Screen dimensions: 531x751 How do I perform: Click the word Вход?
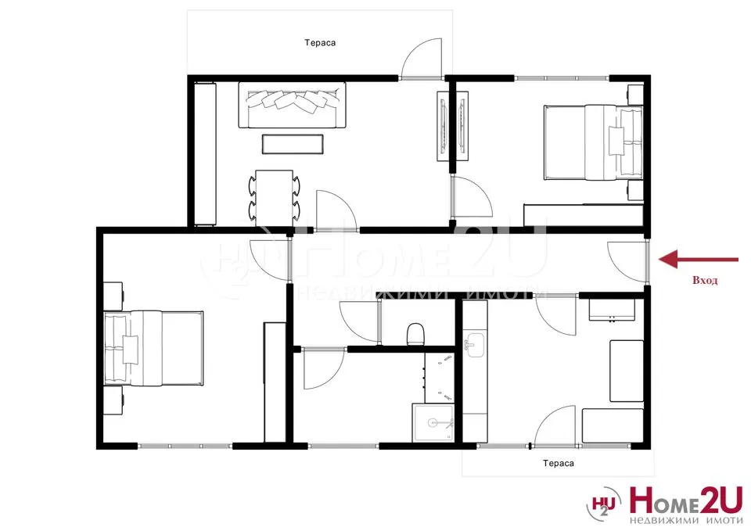tap(705, 279)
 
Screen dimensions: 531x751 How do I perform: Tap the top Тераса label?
tap(320, 44)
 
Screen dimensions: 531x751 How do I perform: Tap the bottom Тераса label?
tap(559, 463)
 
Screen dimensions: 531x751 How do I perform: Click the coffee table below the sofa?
tap(292, 145)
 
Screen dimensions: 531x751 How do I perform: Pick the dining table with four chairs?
tap(274, 194)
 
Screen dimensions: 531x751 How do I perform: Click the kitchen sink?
tap(475, 345)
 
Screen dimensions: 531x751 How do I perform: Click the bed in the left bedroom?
tap(155, 347)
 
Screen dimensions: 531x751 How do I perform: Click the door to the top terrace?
tap(421, 59)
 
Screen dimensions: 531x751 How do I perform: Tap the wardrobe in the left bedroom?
tap(275, 381)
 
